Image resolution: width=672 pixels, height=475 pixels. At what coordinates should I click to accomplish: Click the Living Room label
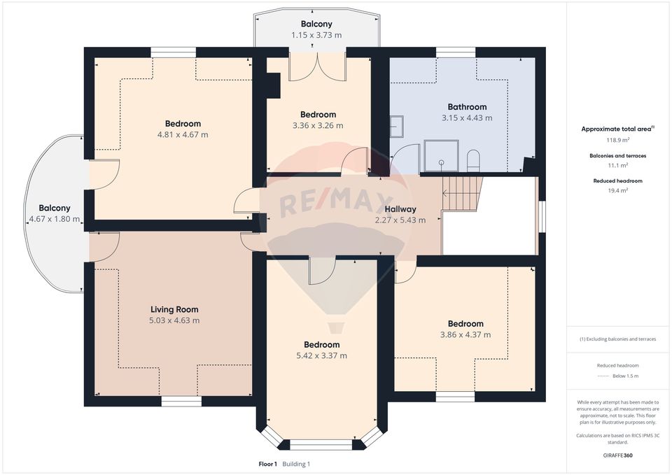click(174, 309)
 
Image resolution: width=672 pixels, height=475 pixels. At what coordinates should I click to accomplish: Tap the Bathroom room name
click(467, 107)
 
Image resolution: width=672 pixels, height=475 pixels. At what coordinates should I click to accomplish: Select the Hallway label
click(400, 208)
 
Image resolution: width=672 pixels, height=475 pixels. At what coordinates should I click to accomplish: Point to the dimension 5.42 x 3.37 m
click(321, 355)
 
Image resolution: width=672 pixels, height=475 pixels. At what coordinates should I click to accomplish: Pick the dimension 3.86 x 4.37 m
click(465, 335)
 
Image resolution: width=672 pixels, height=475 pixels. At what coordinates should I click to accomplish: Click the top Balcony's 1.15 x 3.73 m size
click(316, 35)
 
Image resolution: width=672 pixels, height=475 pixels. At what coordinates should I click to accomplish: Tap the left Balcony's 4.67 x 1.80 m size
click(54, 220)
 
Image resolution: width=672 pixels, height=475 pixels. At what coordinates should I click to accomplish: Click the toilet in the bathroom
click(472, 160)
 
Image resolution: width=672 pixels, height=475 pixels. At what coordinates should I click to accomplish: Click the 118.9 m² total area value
click(617, 140)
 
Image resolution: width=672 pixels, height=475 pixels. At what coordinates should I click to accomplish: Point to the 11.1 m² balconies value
click(617, 165)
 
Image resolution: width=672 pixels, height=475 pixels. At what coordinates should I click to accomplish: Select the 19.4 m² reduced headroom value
click(617, 190)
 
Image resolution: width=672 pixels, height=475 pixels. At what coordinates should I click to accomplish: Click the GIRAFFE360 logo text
click(617, 455)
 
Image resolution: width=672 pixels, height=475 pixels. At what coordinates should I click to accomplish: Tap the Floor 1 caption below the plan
click(267, 464)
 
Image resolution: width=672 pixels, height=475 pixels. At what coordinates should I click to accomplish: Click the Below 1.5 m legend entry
click(625, 376)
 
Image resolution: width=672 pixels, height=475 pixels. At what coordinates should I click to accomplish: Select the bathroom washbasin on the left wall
click(396, 125)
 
